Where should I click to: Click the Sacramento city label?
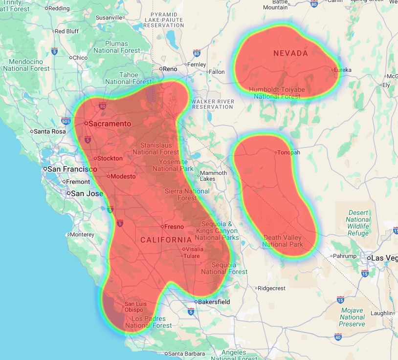[x=110, y=124]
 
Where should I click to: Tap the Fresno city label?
[x=175, y=227]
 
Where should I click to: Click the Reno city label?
[x=170, y=69]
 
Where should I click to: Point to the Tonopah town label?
[x=288, y=152]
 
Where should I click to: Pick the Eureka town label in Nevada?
[x=342, y=70]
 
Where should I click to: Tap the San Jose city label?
[x=87, y=193]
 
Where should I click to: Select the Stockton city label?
[x=110, y=158]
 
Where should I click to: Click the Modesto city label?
[x=123, y=176]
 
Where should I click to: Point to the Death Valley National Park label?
[x=283, y=241]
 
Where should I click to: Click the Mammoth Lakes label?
[x=214, y=176]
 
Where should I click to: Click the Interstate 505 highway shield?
[x=66, y=121]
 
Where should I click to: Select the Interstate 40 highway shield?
[x=338, y=337]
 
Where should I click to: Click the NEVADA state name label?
[x=290, y=53]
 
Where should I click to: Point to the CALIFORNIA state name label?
[x=166, y=240]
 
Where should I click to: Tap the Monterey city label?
[x=82, y=234]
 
